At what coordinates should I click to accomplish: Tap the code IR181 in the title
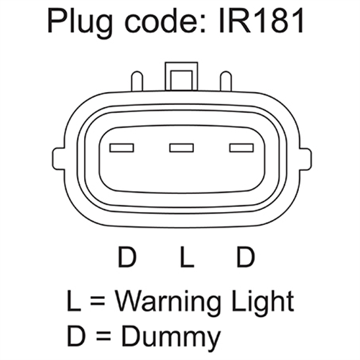262,21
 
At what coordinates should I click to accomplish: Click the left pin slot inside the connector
121,148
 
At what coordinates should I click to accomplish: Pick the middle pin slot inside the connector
182,148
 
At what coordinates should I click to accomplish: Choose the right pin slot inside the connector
241,148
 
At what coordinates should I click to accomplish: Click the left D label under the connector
127,257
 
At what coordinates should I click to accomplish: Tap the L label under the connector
187,257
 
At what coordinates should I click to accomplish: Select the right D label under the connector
246,257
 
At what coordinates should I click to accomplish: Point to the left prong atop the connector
137,80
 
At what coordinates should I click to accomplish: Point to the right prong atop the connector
226,80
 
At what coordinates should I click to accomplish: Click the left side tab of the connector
59,160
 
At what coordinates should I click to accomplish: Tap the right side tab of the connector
305,160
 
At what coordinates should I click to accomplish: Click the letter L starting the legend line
74,300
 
